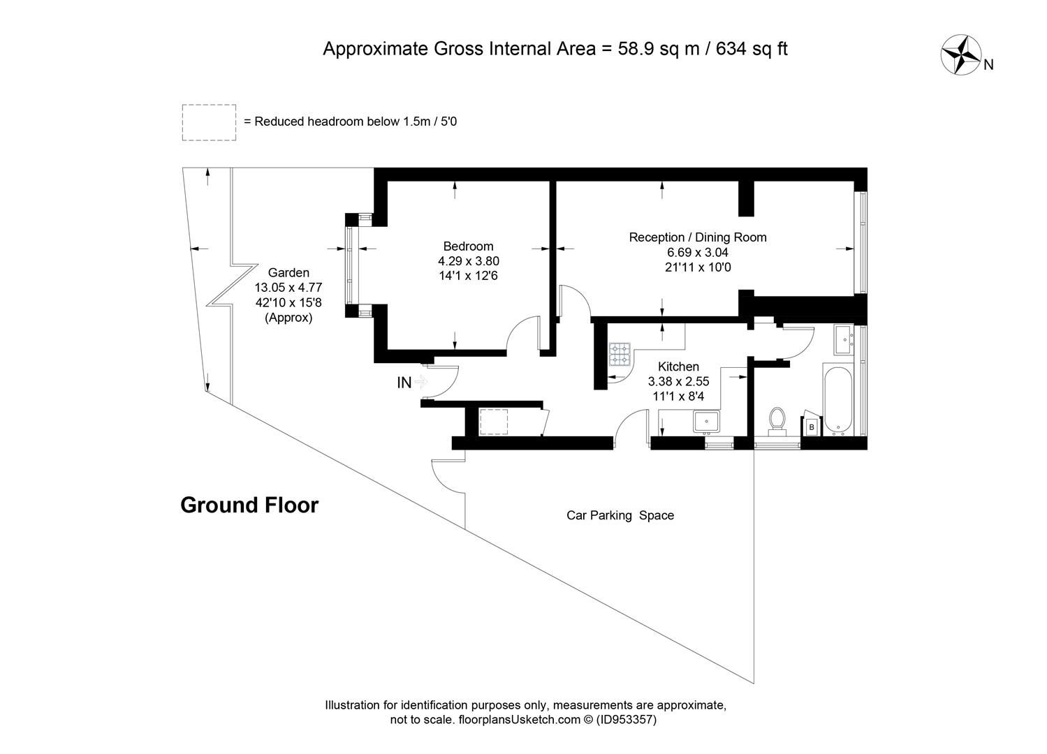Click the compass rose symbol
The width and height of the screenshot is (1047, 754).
pyautogui.click(x=961, y=54)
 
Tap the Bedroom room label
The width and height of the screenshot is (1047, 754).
pyautogui.click(x=469, y=246)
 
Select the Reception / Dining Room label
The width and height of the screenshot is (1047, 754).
pyautogui.click(x=697, y=237)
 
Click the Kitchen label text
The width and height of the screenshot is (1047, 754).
pyautogui.click(x=678, y=367)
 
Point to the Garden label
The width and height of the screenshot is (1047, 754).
pyautogui.click(x=288, y=272)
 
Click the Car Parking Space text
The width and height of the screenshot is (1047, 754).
pyautogui.click(x=620, y=515)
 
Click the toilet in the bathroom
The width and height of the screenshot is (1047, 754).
pyautogui.click(x=777, y=422)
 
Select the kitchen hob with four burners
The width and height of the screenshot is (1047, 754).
pyautogui.click(x=620, y=355)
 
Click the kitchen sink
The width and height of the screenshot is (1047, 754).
pyautogui.click(x=705, y=422)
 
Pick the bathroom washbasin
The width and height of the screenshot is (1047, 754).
pyautogui.click(x=845, y=340)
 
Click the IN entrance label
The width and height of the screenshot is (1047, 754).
pyautogui.click(x=404, y=383)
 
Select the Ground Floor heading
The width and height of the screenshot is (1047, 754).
pyautogui.click(x=249, y=505)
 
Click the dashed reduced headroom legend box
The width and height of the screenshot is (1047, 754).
pyautogui.click(x=209, y=122)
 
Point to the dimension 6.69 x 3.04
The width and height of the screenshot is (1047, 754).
pyautogui.click(x=697, y=252)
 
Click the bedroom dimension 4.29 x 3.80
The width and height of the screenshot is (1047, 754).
pyautogui.click(x=469, y=260)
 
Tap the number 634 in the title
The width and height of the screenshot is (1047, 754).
pyautogui.click(x=731, y=49)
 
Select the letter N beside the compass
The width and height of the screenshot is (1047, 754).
pyautogui.click(x=988, y=65)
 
